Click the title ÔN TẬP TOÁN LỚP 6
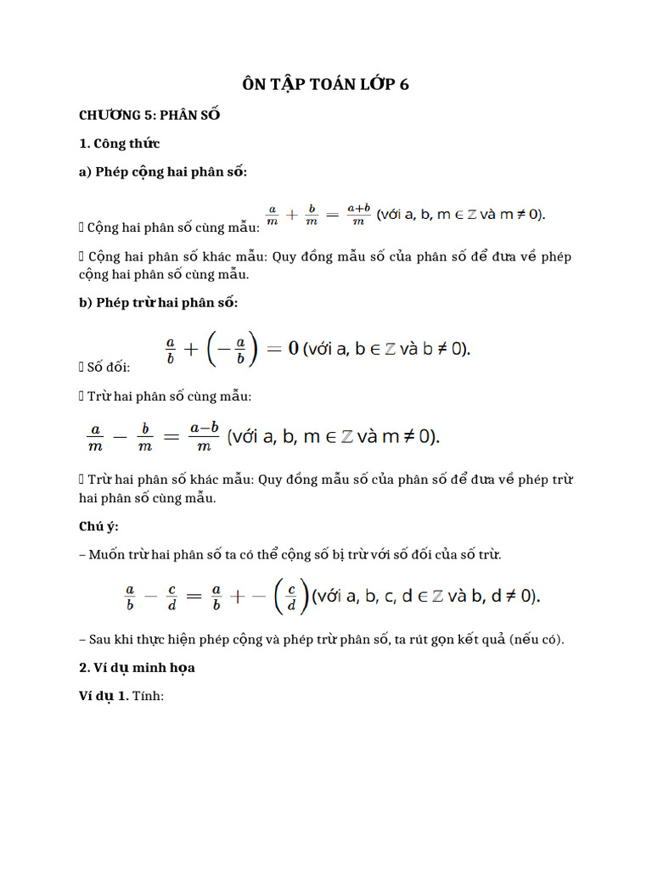[326, 83]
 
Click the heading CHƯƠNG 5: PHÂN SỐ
[149, 115]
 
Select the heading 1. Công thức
[119, 143]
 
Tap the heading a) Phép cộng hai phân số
[163, 171]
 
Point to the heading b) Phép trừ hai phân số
[159, 302]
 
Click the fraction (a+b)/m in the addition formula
[358, 215]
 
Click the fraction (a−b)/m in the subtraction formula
[205, 437]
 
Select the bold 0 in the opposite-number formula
[293, 348]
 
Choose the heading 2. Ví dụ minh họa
[137, 667]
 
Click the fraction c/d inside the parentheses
[291, 597]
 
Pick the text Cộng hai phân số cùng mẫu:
[175, 227]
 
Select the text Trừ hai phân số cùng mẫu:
[170, 396]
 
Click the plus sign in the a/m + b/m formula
[291, 215]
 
